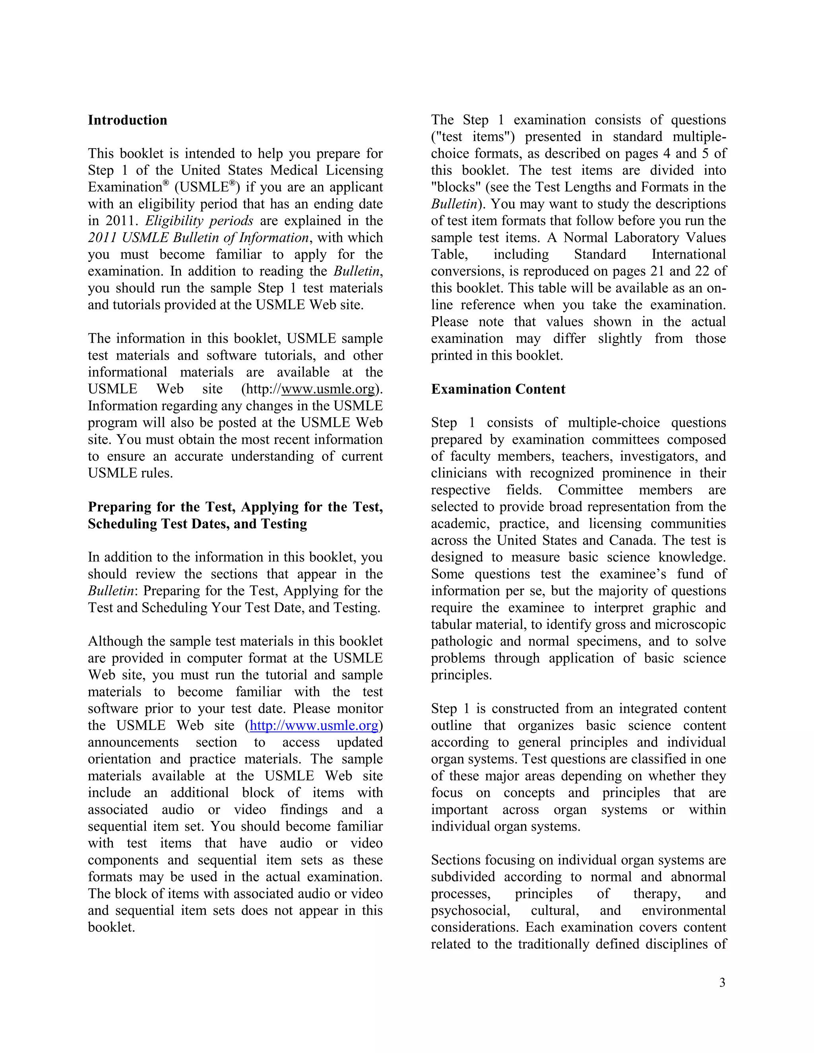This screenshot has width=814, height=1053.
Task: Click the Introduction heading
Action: click(x=127, y=120)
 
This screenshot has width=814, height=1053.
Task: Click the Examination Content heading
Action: click(x=498, y=389)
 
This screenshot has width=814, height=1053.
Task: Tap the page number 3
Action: click(x=722, y=983)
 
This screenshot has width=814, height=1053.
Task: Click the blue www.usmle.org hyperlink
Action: click(x=314, y=726)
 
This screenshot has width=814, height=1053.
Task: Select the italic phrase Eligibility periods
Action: click(x=199, y=221)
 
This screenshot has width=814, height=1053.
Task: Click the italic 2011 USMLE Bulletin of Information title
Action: click(x=198, y=238)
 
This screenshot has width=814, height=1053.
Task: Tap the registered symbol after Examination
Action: click(x=166, y=183)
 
